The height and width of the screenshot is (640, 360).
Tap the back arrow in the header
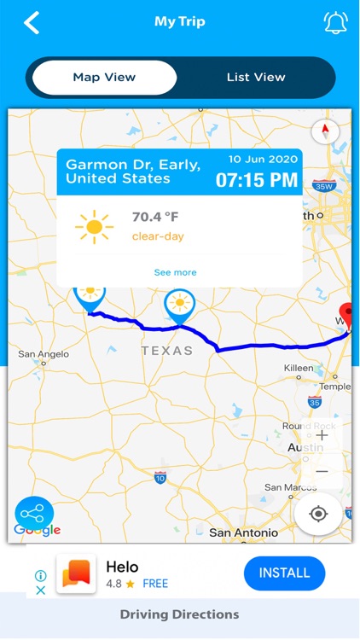32,23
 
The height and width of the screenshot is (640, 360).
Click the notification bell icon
335,23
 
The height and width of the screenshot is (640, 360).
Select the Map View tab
104,78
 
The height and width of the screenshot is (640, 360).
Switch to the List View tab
256,78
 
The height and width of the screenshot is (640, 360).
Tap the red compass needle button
325,131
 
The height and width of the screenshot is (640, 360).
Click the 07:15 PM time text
256,180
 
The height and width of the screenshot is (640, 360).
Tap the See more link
175,272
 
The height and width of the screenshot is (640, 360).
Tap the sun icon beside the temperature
94,226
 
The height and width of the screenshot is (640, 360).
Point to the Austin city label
305,447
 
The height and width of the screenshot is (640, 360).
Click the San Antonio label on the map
243,532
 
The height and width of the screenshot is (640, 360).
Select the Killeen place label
299,368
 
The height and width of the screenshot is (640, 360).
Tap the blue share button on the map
34,514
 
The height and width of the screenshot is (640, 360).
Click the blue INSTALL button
284,573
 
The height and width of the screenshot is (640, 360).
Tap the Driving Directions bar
180,614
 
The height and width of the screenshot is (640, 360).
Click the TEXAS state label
167,351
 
